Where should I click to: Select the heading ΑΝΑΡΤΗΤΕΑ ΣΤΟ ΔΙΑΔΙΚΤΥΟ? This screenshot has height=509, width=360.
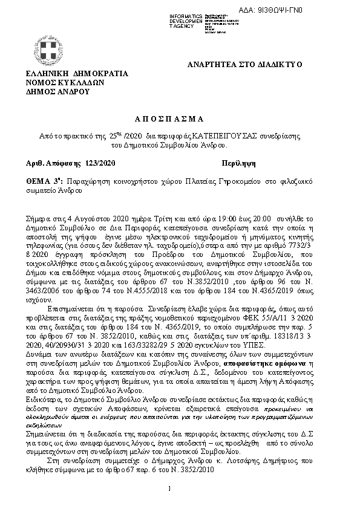pyautogui.click(x=245, y=65)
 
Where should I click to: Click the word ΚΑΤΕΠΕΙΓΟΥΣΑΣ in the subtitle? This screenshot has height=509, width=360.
pyautogui.click(x=209, y=137)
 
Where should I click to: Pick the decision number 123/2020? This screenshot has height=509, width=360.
pyautogui.click(x=97, y=163)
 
